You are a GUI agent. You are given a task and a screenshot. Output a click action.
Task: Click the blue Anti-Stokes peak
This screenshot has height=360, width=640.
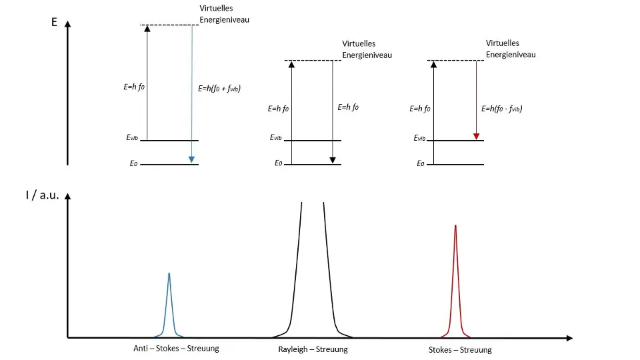pyautogui.click(x=169, y=303)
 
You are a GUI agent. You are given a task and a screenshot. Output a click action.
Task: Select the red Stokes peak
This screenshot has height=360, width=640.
pyautogui.click(x=455, y=280)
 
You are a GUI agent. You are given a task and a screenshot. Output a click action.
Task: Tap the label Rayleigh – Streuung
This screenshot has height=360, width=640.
pyautogui.click(x=313, y=349)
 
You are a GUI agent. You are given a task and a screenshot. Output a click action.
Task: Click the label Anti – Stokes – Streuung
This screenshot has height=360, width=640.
pyautogui.click(x=176, y=348)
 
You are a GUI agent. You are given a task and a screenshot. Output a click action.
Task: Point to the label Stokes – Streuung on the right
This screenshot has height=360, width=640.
pyautogui.click(x=460, y=350)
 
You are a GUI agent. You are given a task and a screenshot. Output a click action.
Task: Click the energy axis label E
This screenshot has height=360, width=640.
pyautogui.click(x=54, y=22)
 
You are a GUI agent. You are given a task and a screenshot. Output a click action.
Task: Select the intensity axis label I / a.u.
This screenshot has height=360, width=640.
pyautogui.click(x=43, y=195)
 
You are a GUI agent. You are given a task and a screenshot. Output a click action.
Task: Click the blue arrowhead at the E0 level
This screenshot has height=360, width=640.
pyautogui.click(x=191, y=159)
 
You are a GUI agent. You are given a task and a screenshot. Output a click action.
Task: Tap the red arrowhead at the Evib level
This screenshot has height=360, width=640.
pyautogui.click(x=476, y=136)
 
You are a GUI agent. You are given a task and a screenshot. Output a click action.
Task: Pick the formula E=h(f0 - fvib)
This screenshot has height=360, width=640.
pyautogui.click(x=501, y=108)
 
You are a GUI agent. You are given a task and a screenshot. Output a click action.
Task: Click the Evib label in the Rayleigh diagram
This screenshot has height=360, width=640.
pyautogui.click(x=277, y=137)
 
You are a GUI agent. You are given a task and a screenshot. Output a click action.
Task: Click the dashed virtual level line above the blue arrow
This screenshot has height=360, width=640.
pyautogui.click(x=169, y=25)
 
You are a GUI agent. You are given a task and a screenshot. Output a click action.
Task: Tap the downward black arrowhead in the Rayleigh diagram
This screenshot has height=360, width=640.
pyautogui.click(x=332, y=160)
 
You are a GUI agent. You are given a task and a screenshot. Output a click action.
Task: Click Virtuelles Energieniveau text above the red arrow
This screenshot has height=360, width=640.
pyautogui.click(x=511, y=49)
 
